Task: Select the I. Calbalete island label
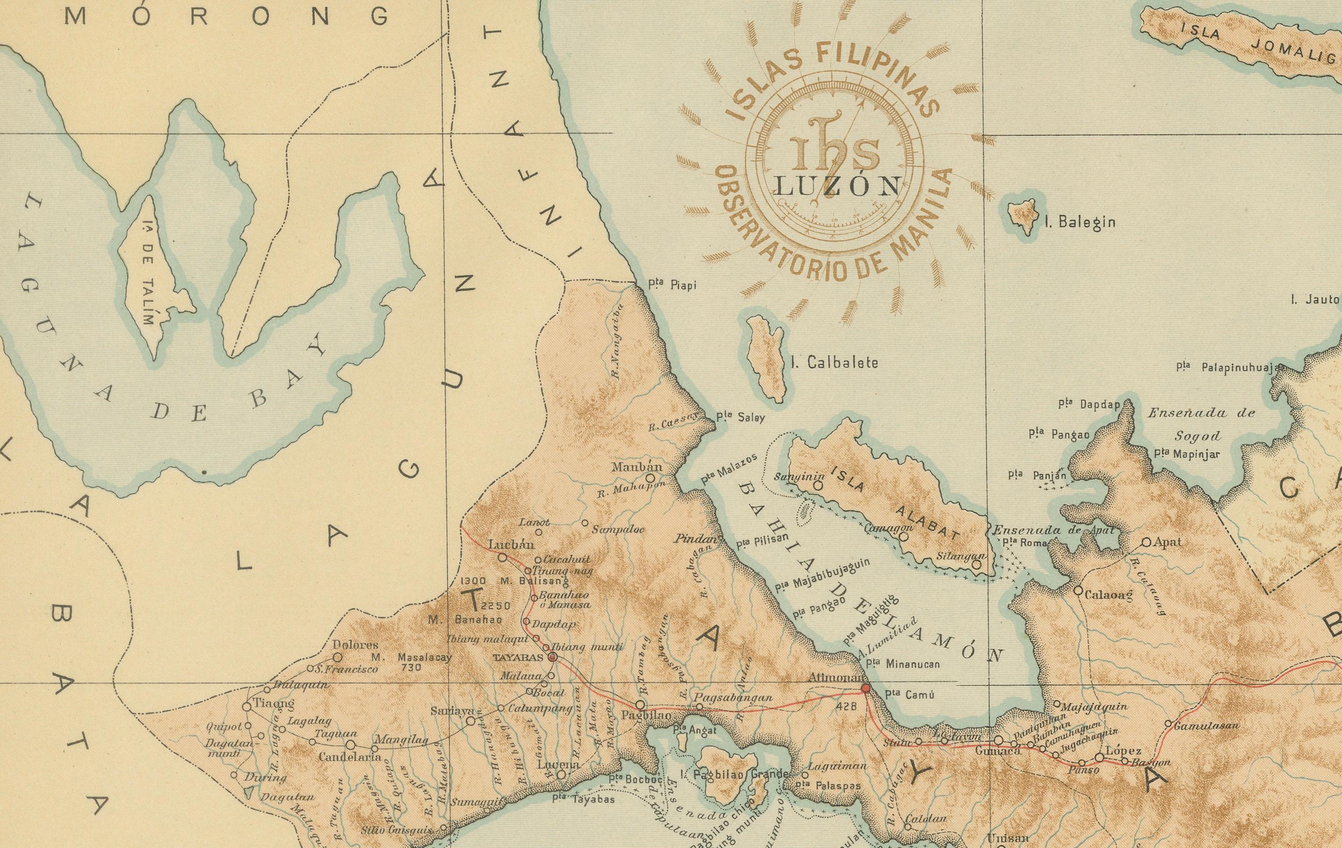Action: click(x=834, y=362)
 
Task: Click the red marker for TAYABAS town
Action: click(x=552, y=658)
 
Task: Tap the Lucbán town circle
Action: click(x=502, y=557)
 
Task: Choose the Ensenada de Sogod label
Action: click(x=1201, y=424)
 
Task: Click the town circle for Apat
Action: click(x=1146, y=541)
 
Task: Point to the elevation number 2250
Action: click(x=495, y=606)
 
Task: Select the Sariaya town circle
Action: click(x=471, y=720)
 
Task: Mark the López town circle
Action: click(x=1100, y=757)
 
